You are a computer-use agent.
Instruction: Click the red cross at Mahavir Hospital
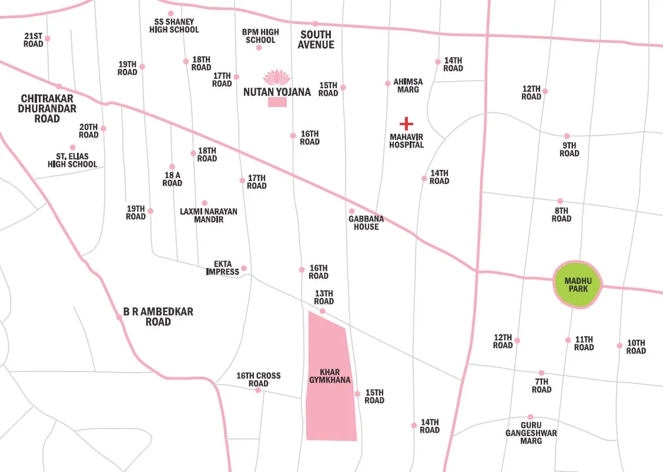pos(406,123)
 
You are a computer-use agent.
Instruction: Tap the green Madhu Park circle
pos(578,285)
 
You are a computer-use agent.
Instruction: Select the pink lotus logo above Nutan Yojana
pos(277,78)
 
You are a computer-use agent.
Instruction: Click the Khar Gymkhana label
pos(330,376)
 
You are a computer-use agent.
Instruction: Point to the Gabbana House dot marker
pos(352,211)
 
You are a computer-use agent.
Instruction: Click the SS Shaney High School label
pos(174,25)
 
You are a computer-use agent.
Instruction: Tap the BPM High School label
pos(260,36)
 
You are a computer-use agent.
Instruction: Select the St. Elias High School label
pos(72,160)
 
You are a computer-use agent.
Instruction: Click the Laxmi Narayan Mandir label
pos(209,215)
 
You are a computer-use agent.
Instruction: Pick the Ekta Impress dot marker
pos(244,269)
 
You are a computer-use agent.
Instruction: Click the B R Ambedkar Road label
pos(158,317)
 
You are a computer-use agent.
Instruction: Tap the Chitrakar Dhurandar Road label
pos(47,108)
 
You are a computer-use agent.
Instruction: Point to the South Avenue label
pos(316,39)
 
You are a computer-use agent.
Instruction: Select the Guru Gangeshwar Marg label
pos(531,433)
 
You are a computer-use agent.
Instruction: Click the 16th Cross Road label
pos(259,380)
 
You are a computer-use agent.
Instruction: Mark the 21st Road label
pos(34,40)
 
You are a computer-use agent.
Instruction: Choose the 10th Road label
pos(636,347)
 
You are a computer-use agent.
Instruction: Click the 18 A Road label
pos(172,179)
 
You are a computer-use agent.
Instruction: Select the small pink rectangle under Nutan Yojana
pos(277,102)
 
